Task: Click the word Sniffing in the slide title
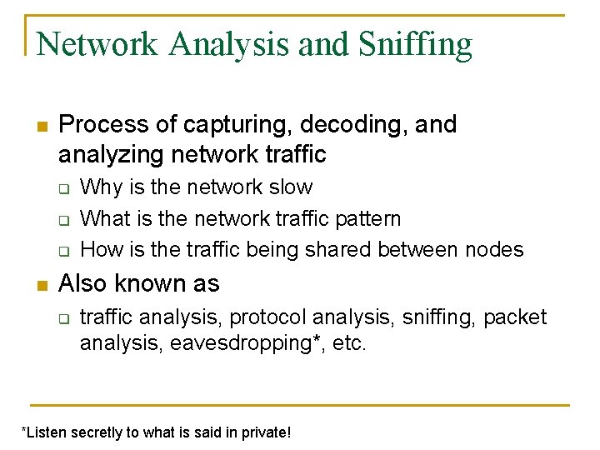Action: coord(416,43)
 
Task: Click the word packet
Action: coord(515,317)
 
